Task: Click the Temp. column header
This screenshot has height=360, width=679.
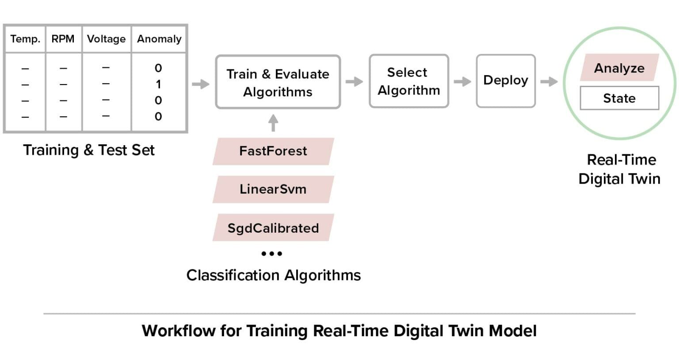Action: pyautogui.click(x=25, y=39)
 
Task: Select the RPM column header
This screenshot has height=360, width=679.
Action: pyautogui.click(x=63, y=39)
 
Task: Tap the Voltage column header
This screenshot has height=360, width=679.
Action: pyautogui.click(x=106, y=39)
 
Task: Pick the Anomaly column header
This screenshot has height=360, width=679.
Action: pyautogui.click(x=159, y=39)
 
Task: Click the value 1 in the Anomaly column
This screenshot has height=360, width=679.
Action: pyautogui.click(x=158, y=84)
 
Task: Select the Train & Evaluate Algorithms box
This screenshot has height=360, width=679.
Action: pyautogui.click(x=278, y=82)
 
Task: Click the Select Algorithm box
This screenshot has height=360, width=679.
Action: pyautogui.click(x=408, y=81)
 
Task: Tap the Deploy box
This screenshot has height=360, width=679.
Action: pyautogui.click(x=505, y=80)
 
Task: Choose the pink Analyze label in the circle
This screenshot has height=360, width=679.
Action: pyautogui.click(x=619, y=68)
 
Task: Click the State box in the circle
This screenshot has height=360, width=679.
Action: pyautogui.click(x=619, y=98)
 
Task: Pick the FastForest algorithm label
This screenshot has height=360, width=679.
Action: pyautogui.click(x=273, y=151)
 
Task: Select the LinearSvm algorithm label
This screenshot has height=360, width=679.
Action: pyautogui.click(x=273, y=189)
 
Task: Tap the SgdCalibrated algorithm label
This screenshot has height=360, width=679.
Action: pyautogui.click(x=273, y=228)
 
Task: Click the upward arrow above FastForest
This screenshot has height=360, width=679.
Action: pyautogui.click(x=273, y=123)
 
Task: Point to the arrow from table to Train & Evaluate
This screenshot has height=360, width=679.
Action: pyautogui.click(x=201, y=84)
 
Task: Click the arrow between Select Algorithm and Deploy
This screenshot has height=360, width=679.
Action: pyautogui.click(x=462, y=81)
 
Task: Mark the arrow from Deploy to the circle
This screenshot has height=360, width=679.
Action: pyautogui.click(x=549, y=81)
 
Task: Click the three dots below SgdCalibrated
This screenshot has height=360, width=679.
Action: pyautogui.click(x=271, y=253)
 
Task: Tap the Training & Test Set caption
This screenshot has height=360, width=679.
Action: pyautogui.click(x=89, y=150)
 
